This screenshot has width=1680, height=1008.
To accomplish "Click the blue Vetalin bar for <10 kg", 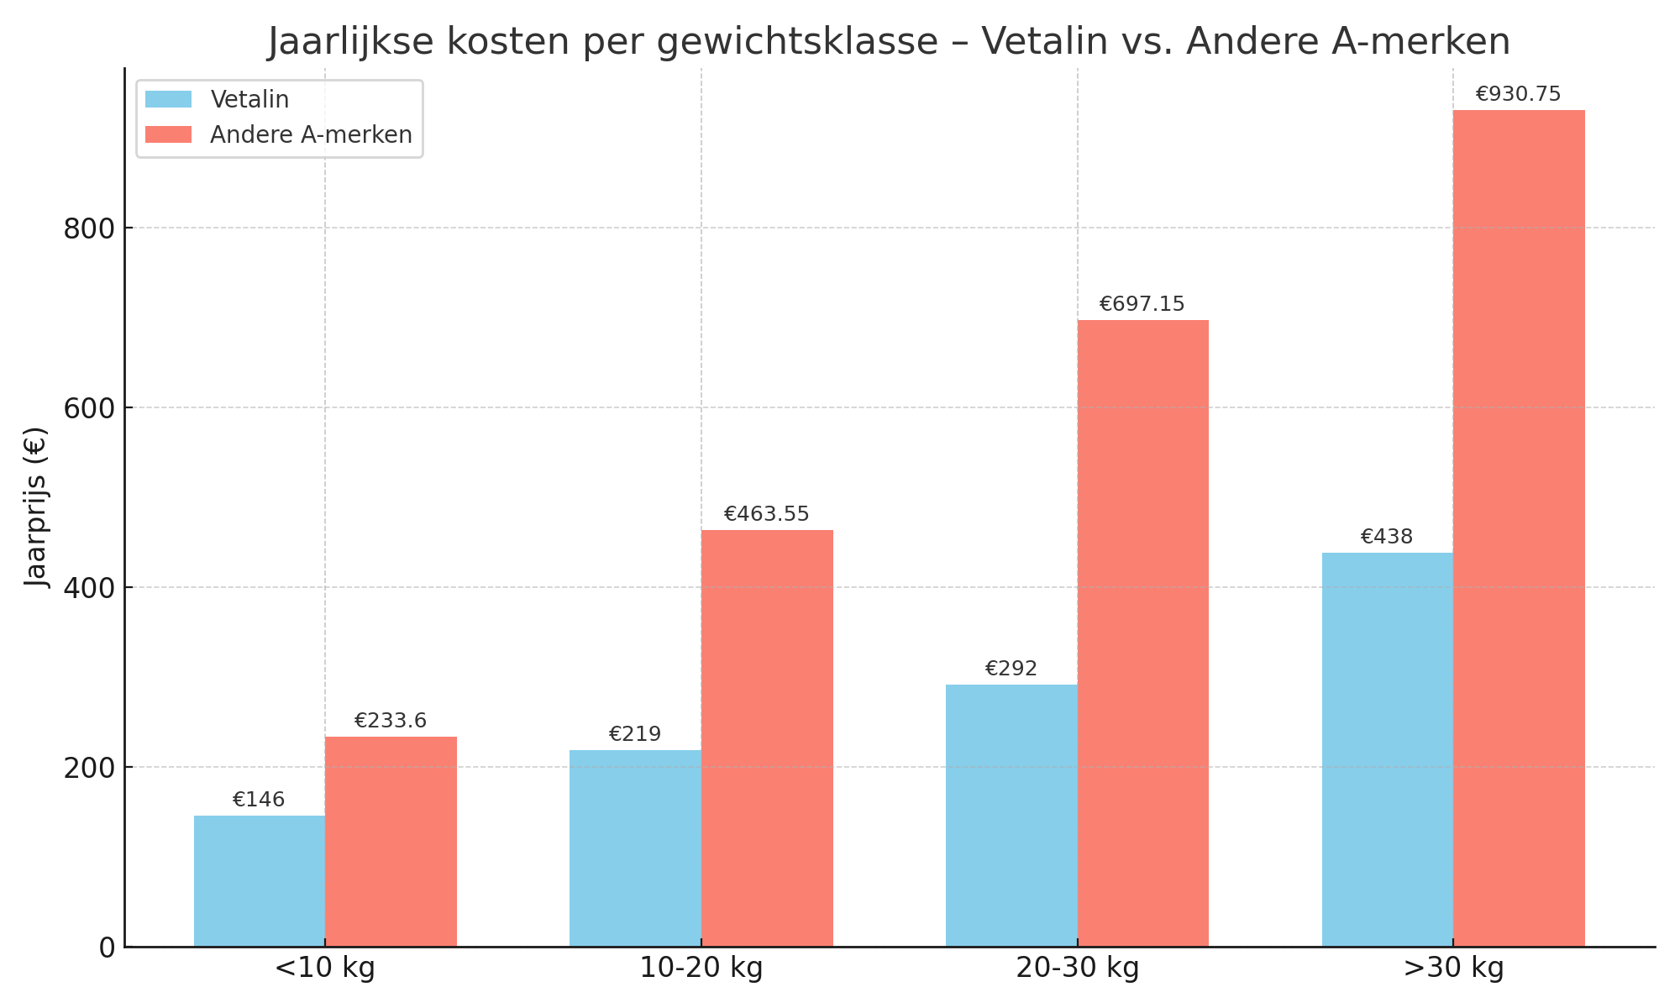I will tap(260, 881).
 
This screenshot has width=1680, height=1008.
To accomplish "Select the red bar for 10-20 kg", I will tap(767, 738).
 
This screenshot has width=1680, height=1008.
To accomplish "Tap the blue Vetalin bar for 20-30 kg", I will tap(1011, 816).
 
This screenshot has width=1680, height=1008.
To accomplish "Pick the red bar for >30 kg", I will tap(1519, 528).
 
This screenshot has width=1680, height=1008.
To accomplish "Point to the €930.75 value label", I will tap(1518, 94).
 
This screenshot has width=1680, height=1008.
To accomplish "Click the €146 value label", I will tap(259, 800).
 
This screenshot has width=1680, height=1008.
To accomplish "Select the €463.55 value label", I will tap(766, 514).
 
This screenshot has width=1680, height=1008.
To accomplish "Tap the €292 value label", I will tap(1011, 669).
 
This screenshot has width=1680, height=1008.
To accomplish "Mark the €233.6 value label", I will tap(391, 721).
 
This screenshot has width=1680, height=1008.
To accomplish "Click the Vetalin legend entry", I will tap(249, 100).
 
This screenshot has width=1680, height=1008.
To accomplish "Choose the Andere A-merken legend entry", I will tap(311, 135).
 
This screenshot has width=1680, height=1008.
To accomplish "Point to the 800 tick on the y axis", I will tap(89, 228).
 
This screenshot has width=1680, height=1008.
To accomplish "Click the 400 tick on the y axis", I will tap(89, 588).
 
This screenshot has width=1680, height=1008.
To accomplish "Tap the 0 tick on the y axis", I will tap(107, 948).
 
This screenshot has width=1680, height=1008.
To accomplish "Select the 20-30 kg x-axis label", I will tap(1078, 969).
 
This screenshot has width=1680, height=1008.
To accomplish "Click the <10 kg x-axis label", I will tap(325, 969).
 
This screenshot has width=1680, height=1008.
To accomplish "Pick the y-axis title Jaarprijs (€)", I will tap(36, 507).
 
